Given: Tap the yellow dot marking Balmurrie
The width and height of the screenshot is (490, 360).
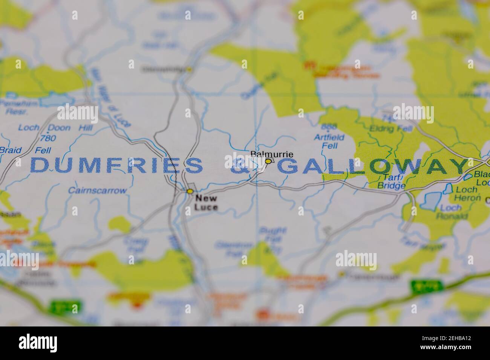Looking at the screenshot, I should [268, 161].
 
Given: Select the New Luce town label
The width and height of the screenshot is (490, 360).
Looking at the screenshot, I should [206, 203].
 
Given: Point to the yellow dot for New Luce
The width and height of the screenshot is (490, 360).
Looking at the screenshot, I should [190, 191].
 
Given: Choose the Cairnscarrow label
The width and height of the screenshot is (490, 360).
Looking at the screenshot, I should [97, 191].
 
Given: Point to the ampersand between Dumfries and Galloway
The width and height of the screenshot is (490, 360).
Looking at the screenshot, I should [239, 166].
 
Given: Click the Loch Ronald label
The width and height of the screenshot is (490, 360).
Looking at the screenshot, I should [452, 212].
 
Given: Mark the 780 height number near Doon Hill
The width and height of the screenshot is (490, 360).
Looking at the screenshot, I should [48, 138].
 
